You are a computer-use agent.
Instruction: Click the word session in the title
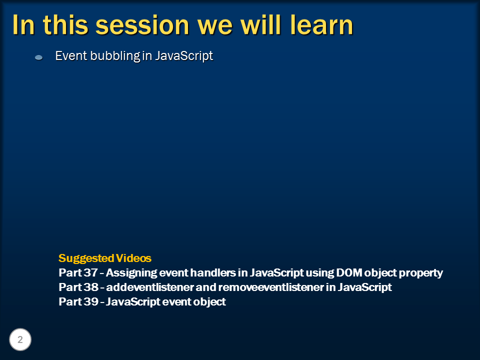142,25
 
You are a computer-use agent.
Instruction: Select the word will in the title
261,25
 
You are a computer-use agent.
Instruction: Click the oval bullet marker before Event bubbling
39,57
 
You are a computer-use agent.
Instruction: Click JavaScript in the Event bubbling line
184,56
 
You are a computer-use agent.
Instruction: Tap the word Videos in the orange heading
134,258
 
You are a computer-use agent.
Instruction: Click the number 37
91,272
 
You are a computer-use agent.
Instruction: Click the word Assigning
131,273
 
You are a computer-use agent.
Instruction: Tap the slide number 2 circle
20,339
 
